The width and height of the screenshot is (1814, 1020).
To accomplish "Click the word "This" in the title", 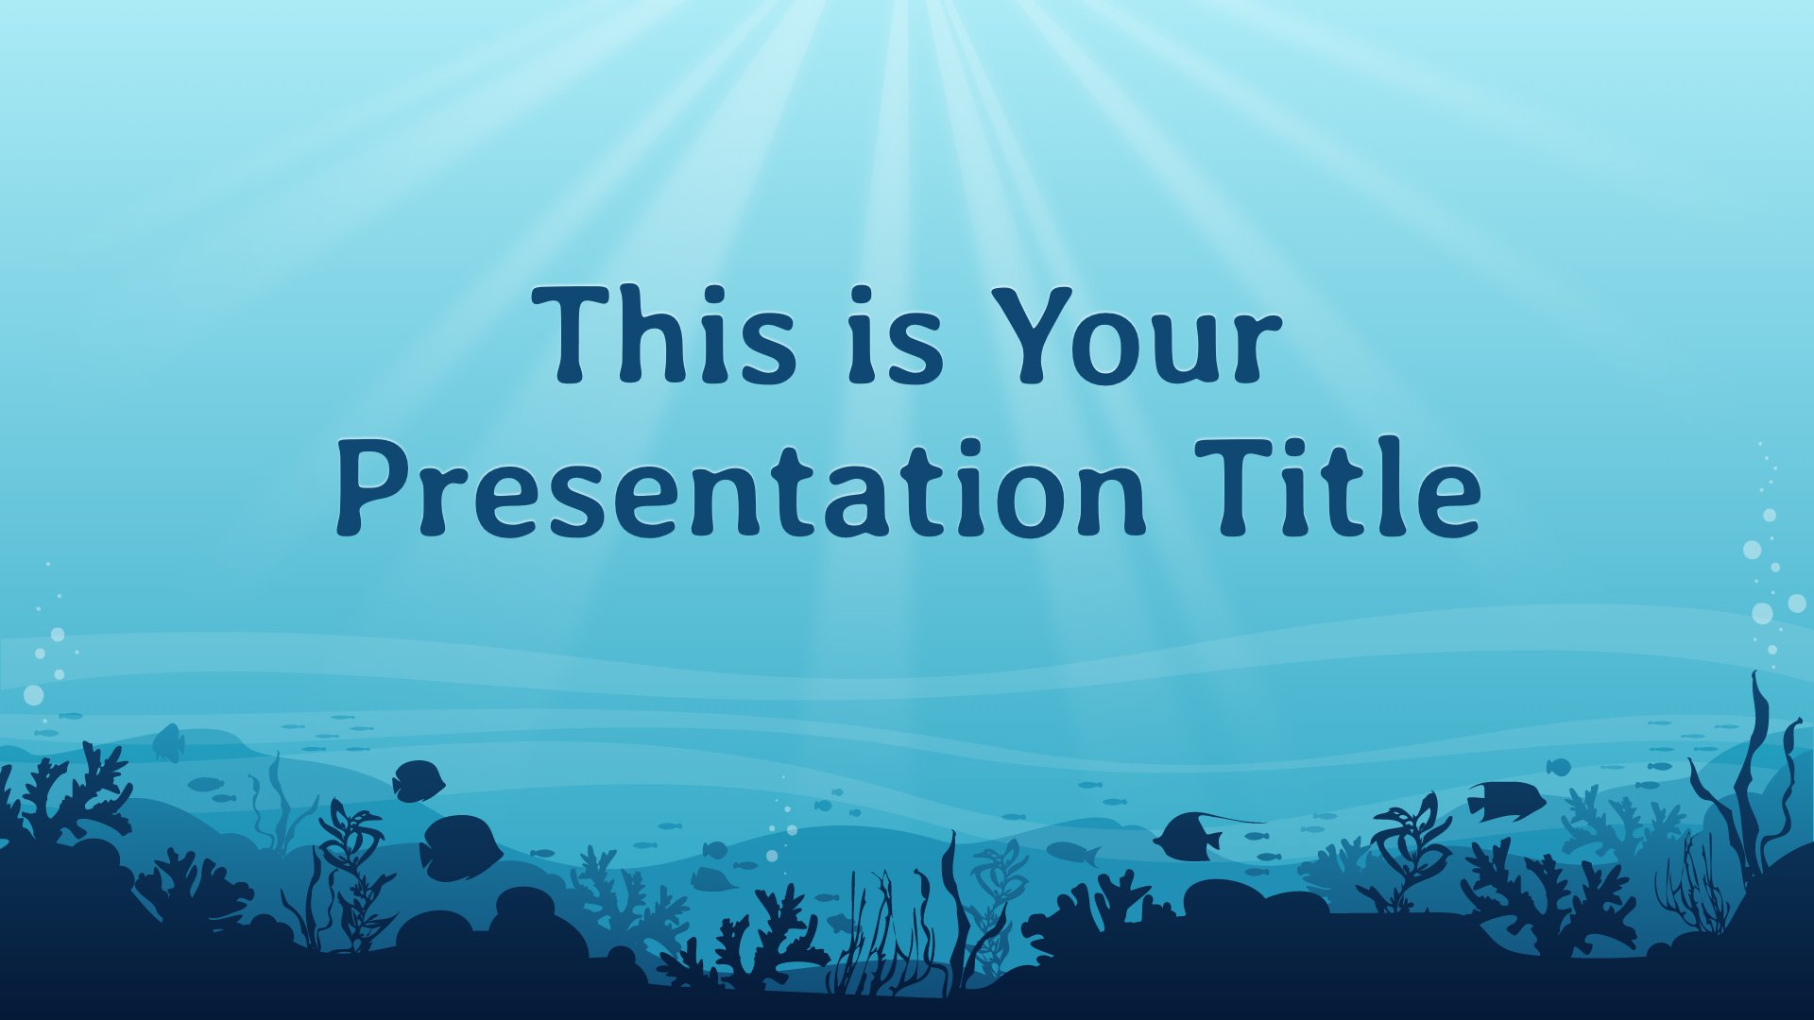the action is click(x=664, y=335).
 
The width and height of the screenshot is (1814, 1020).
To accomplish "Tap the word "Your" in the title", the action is click(x=1127, y=335).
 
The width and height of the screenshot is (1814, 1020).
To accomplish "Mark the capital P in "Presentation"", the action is click(x=374, y=489).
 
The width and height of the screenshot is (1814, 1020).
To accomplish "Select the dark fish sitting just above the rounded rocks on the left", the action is click(x=460, y=847).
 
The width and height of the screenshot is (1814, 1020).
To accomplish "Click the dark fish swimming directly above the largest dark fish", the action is click(x=419, y=781).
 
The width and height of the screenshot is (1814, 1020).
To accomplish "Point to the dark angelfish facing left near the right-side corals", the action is click(x=1506, y=801).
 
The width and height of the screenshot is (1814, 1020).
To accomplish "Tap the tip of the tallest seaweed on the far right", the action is click(x=1755, y=672).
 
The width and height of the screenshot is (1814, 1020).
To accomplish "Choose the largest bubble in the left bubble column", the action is click(x=33, y=695).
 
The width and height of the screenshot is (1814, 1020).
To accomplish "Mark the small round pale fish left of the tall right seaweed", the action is click(x=1558, y=766).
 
